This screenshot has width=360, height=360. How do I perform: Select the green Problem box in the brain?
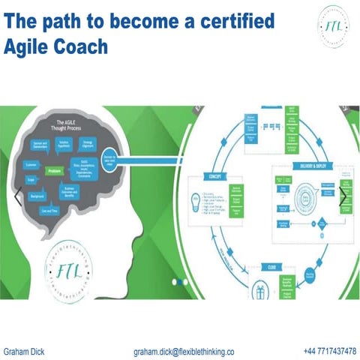pyautogui.click(x=54, y=170)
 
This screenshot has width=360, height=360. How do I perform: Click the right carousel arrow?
pyautogui.click(x=344, y=197)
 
